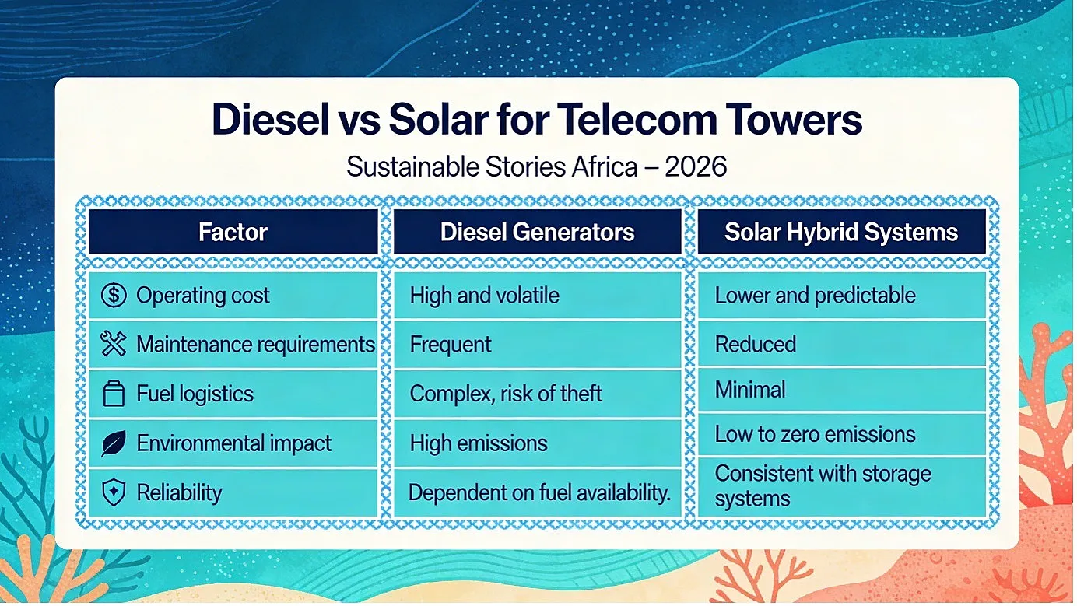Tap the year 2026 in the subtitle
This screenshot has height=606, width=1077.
(696, 166)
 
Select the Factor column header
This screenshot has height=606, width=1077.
(233, 232)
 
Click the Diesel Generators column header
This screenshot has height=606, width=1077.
(538, 232)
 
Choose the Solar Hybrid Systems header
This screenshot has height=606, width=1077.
(841, 232)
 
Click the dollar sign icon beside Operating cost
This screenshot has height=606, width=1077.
(114, 295)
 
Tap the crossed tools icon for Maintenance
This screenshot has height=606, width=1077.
(114, 344)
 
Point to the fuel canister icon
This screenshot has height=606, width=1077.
(114, 394)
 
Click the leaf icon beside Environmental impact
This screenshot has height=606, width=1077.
(114, 443)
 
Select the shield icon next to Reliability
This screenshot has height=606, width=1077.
(114, 492)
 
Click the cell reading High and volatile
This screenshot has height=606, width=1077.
(538, 295)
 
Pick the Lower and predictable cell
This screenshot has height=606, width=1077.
(841, 295)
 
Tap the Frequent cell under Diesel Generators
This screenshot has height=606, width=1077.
(538, 344)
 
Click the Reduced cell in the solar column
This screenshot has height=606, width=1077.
(841, 343)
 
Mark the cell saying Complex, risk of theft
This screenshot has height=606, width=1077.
(538, 394)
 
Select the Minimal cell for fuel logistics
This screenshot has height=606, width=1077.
(841, 389)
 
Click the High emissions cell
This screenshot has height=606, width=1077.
(538, 443)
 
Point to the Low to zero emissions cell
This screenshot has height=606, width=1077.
(841, 434)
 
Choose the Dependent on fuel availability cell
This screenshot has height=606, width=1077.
(538, 492)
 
